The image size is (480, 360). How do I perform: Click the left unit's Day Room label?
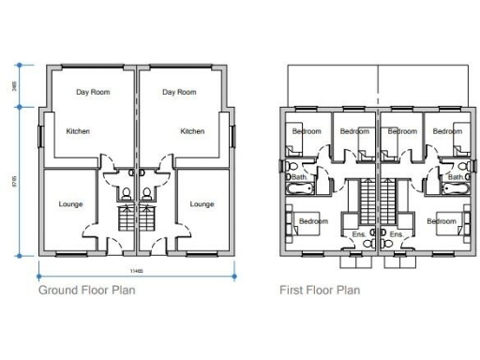point(94,92)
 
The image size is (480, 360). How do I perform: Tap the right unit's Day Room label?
point(179,92)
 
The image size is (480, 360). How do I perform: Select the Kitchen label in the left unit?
point(78,131)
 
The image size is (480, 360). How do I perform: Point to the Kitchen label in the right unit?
point(192,131)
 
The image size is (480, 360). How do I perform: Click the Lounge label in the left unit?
point(70,203)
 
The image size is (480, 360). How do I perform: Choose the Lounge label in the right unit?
point(202,203)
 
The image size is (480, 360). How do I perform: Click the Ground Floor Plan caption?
point(86,290)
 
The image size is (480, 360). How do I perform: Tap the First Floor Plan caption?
point(319,290)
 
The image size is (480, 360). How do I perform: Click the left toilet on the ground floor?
point(125,195)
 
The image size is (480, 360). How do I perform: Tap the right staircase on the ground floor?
point(148,221)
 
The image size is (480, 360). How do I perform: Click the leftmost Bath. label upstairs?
point(299,176)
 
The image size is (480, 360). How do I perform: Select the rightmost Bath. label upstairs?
point(456,176)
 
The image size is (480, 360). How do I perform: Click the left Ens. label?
point(357,232)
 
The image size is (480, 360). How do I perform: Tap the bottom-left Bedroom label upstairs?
point(311,221)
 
